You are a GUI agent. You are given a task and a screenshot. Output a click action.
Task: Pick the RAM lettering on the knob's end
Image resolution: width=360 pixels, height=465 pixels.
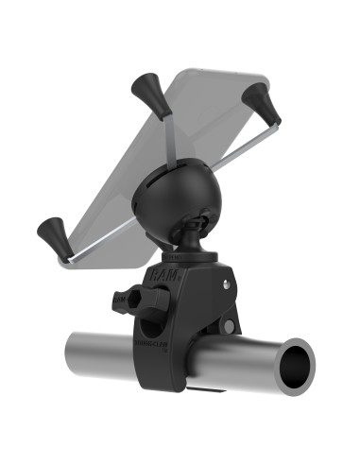tap(119, 299)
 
